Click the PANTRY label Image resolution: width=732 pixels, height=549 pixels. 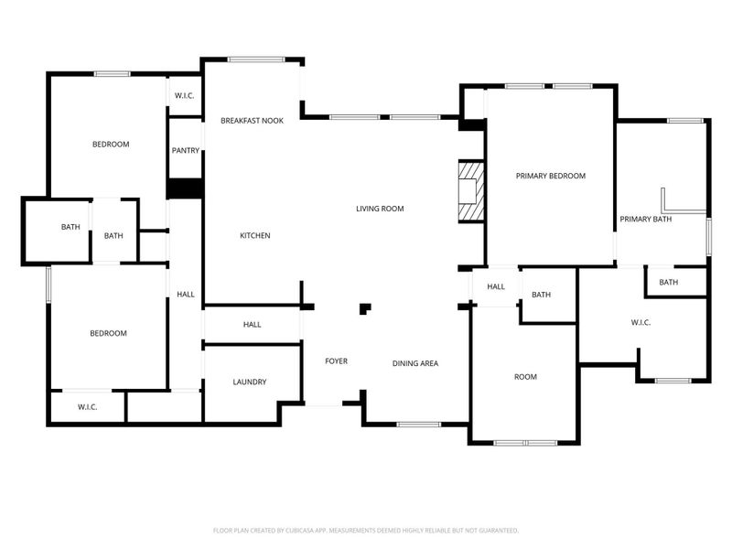pyautogui.click(x=185, y=150)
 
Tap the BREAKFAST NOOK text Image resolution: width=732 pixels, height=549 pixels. pyautogui.click(x=252, y=121)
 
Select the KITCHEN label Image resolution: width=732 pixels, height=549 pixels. pyautogui.click(x=254, y=236)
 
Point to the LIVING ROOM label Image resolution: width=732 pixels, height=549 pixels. pyautogui.click(x=380, y=209)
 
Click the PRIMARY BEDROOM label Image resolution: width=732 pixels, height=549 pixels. pyautogui.click(x=550, y=176)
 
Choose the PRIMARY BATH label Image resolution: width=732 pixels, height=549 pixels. pyautogui.click(x=646, y=219)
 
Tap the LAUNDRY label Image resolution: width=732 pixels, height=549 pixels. pyautogui.click(x=249, y=382)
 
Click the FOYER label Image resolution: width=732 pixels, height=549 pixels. pyautogui.click(x=336, y=361)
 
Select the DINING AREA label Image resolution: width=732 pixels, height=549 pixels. pyautogui.click(x=415, y=363)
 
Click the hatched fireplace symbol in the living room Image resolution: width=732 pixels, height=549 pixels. pyautogui.click(x=470, y=191)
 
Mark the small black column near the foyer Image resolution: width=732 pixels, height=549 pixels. pyautogui.click(x=365, y=308)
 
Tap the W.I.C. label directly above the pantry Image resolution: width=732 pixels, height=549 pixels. pyautogui.click(x=184, y=96)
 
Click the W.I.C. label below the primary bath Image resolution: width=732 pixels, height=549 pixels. pyautogui.click(x=640, y=322)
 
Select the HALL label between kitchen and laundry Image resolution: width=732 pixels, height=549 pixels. pyautogui.click(x=252, y=324)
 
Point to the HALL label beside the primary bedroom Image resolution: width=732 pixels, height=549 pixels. pyautogui.click(x=495, y=286)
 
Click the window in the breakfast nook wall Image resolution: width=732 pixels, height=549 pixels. pyautogui.click(x=255, y=60)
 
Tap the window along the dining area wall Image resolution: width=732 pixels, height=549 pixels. pyautogui.click(x=418, y=424)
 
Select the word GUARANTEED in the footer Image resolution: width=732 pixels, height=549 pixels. pyautogui.click(x=498, y=530)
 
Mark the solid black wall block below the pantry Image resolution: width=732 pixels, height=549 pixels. pyautogui.click(x=185, y=188)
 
